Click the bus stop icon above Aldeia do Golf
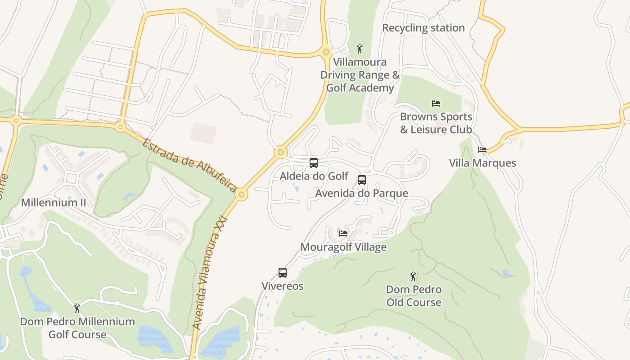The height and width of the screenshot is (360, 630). click(314, 163)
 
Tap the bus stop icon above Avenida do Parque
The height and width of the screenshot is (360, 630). click(361, 180)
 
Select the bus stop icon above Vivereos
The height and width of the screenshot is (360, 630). click(283, 273)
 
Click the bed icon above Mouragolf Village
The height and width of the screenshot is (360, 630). click(343, 233)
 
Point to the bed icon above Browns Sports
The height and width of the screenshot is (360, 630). click(436, 103)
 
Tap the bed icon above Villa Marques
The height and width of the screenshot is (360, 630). click(482, 149)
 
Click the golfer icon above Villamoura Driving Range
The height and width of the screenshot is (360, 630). click(359, 48)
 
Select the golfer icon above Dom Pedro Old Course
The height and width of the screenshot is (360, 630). click(413, 276)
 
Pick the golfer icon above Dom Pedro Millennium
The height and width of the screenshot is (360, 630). click(77, 308)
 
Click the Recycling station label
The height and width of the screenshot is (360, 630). click(423, 28)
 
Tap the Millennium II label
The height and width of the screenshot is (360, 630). click(53, 202)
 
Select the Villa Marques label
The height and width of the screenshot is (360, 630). click(482, 163)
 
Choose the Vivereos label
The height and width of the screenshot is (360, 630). click(283, 286)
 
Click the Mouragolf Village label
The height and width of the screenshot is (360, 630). click(343, 247)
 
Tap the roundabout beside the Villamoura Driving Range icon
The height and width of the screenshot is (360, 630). click(327, 51)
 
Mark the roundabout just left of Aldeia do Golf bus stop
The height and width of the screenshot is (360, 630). click(281, 152)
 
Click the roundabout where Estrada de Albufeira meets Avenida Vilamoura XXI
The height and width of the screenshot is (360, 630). click(242, 194)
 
